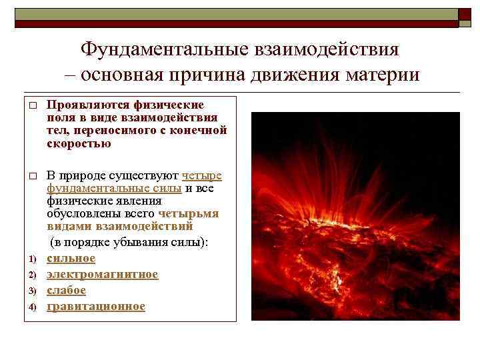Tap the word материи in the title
[x=381, y=74]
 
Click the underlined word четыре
[x=202, y=175]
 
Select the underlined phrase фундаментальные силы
[x=114, y=187]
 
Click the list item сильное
[x=71, y=258]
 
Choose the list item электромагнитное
[x=102, y=274]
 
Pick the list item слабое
[x=66, y=290]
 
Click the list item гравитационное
[x=95, y=306]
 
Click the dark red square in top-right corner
[x=465, y=14]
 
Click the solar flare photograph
[x=355, y=215]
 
